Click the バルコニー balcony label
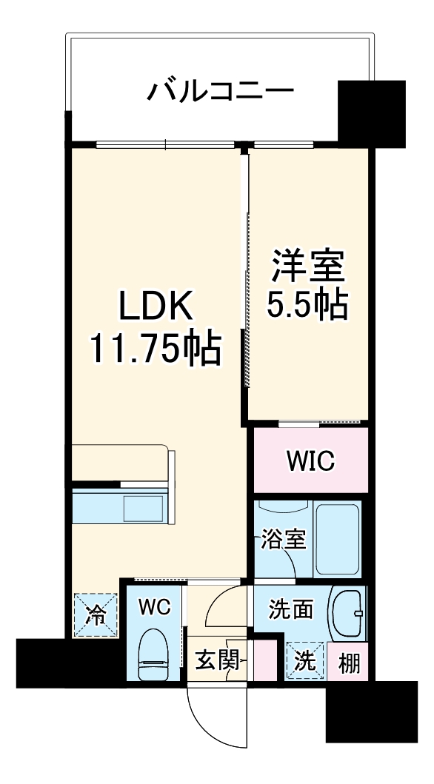point(220,93)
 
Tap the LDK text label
point(156,306)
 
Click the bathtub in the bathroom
point(338,537)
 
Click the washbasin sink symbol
point(347,614)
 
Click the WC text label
point(154,608)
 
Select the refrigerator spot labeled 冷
point(94,614)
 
